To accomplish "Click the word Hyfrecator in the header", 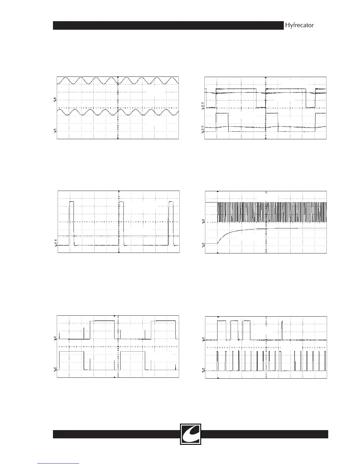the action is (x=299, y=25).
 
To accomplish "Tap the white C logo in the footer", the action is (x=191, y=434).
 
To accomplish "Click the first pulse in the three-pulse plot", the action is (x=71, y=223).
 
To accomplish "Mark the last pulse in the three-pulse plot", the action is (x=171, y=223).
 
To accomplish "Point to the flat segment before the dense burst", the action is (x=211, y=203).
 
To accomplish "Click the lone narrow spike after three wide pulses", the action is (x=282, y=329).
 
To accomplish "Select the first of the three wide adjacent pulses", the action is (x=221, y=329).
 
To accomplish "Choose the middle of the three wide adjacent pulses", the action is (x=234, y=329).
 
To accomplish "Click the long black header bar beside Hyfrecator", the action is (x=168, y=26).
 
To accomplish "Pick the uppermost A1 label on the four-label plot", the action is (x=202, y=103).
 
